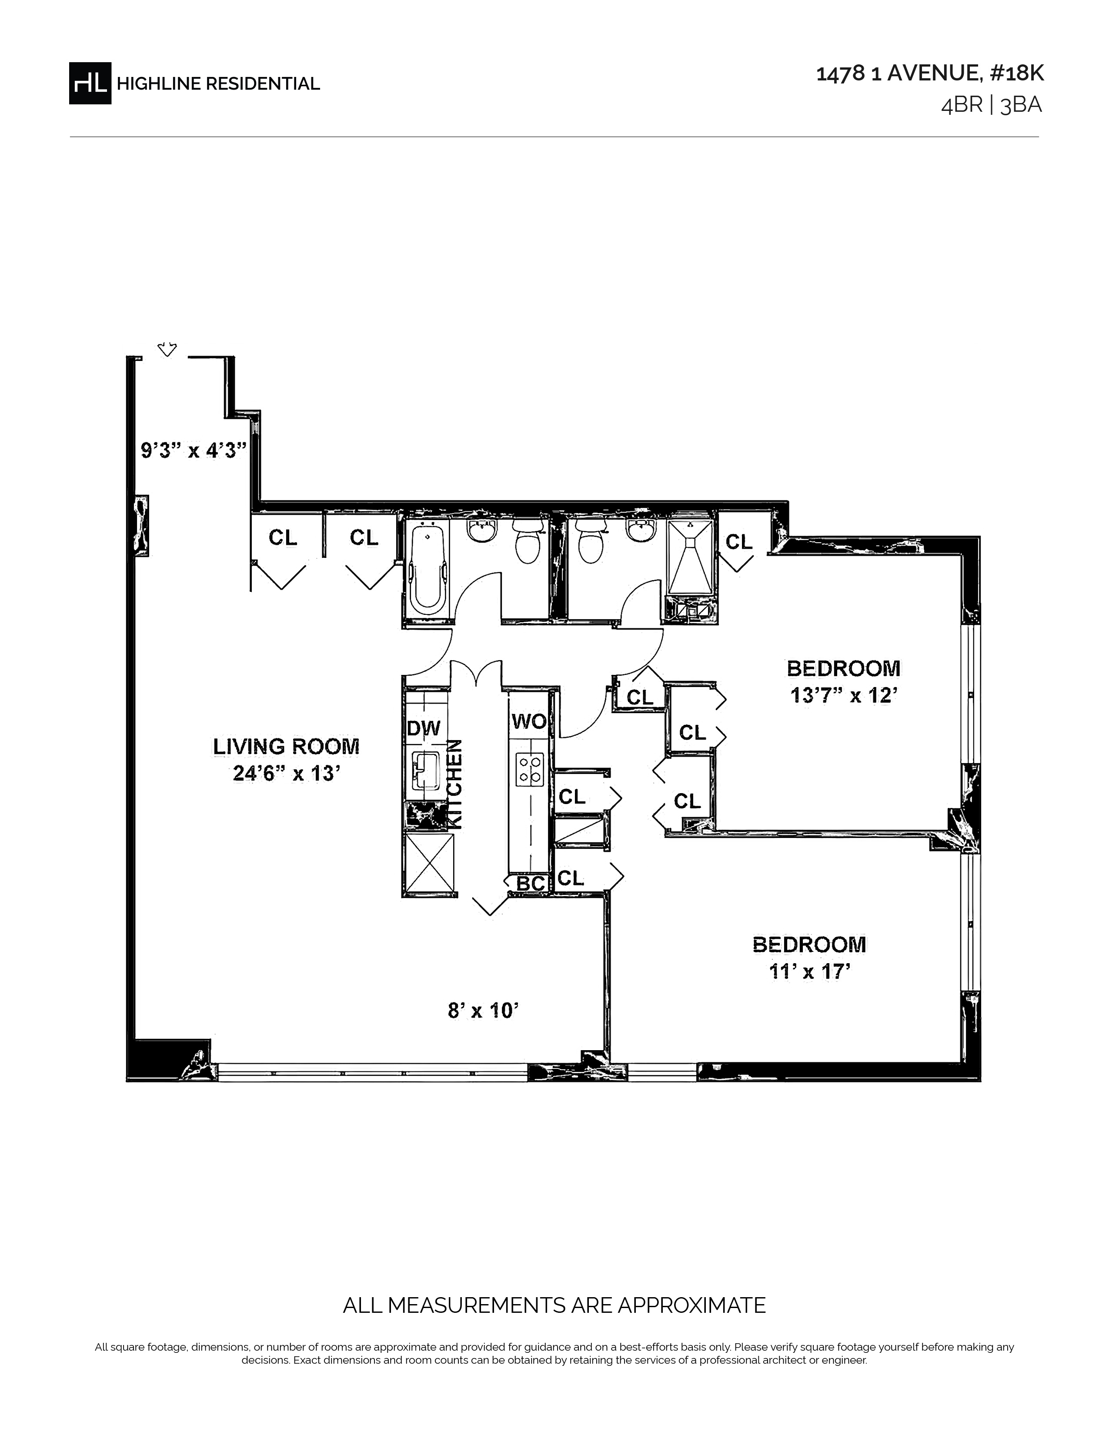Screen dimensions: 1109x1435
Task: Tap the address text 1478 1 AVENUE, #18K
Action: point(930,73)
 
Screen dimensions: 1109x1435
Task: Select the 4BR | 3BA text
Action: point(992,105)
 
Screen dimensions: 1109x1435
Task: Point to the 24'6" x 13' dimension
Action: point(287,773)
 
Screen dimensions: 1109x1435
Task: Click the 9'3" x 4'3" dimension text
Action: point(194,451)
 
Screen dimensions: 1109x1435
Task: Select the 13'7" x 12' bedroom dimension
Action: point(844,695)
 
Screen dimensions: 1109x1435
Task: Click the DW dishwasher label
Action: point(424,728)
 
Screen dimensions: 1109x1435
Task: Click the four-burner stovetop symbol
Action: point(530,769)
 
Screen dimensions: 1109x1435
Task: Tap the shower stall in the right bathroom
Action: point(690,557)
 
